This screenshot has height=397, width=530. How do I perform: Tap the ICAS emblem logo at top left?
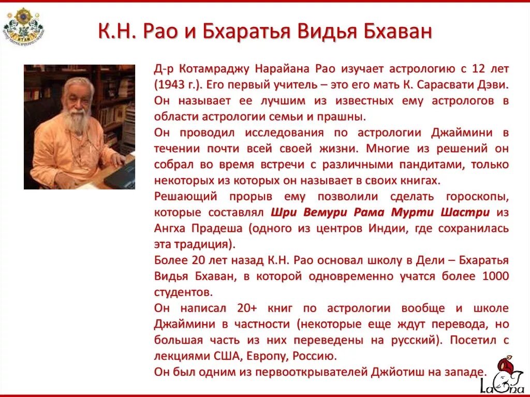[23, 25]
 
